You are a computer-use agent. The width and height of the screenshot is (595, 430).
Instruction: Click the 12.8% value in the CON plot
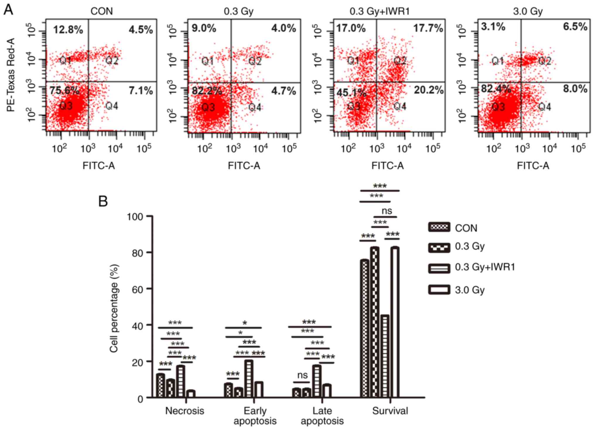click(68, 30)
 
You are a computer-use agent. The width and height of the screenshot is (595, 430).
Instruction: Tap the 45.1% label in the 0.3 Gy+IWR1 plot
click(351, 92)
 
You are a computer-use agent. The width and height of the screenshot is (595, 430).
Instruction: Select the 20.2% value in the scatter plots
click(428, 90)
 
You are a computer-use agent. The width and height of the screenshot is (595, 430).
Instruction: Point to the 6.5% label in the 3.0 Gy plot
click(575, 27)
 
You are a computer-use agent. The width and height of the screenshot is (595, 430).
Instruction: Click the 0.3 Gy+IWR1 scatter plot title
click(379, 11)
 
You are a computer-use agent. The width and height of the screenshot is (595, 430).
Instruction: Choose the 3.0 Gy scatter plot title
click(528, 11)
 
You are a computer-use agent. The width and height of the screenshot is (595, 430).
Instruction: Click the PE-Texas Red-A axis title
click(11, 75)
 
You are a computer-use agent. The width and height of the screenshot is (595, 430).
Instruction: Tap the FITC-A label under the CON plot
click(98, 166)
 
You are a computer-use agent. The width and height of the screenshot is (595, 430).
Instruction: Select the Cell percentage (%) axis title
click(114, 308)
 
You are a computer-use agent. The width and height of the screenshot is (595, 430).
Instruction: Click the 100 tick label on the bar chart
click(135, 217)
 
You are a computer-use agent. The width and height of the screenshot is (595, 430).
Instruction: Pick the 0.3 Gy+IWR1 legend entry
click(485, 267)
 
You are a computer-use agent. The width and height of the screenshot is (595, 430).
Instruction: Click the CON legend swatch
click(439, 227)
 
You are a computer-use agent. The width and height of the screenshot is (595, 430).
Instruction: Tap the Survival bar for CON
click(365, 328)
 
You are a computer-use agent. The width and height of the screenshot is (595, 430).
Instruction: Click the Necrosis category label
click(184, 411)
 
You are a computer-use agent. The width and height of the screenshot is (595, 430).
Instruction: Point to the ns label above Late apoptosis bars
click(302, 375)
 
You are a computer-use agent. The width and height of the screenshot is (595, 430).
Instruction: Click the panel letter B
click(103, 201)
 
